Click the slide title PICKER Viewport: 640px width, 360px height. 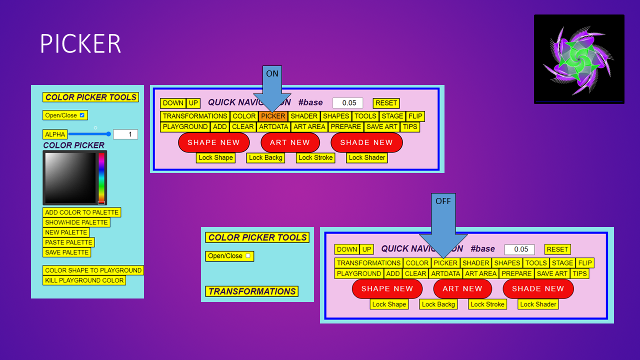pyautogui.click(x=80, y=44)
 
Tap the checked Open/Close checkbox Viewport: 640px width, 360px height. pyautogui.click(x=82, y=115)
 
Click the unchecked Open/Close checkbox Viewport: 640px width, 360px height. pyautogui.click(x=247, y=255)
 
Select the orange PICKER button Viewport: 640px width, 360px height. pyautogui.click(x=273, y=116)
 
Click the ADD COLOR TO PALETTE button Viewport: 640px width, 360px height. pyautogui.click(x=82, y=212)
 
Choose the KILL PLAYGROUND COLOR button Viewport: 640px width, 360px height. pyautogui.click(x=84, y=280)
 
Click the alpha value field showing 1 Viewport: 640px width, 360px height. pyautogui.click(x=125, y=134)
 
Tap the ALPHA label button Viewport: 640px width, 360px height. pyautogui.click(x=55, y=134)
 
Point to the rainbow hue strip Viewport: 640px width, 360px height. pyautogui.click(x=101, y=177)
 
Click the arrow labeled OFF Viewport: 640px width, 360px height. pyautogui.click(x=443, y=220)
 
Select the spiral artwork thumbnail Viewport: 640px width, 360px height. pyautogui.click(x=579, y=59)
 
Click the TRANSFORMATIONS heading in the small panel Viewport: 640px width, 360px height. pyautogui.click(x=252, y=291)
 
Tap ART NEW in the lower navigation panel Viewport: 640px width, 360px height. pyautogui.click(x=462, y=288)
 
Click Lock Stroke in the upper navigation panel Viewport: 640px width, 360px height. pyautogui.click(x=315, y=157)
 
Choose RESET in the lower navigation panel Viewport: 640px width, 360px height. pyautogui.click(x=557, y=249)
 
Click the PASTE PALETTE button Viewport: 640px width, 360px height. pyautogui.click(x=68, y=242)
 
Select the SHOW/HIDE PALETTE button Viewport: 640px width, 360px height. pyautogui.click(x=76, y=222)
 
